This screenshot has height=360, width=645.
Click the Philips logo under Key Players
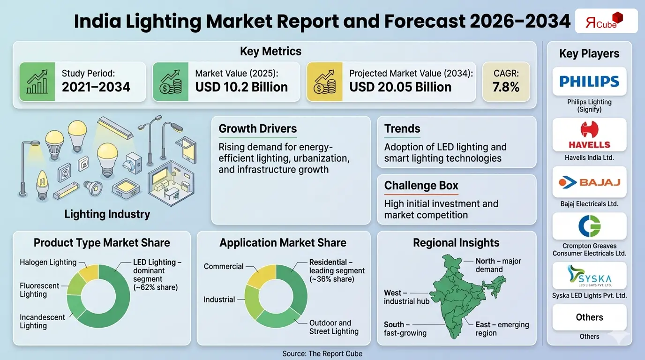[589, 82]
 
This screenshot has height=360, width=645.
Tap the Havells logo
[589, 135]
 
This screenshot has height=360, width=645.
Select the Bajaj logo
[589, 182]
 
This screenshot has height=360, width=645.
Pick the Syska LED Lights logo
[589, 276]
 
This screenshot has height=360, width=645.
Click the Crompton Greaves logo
[589, 226]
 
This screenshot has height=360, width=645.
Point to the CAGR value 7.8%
[506, 87]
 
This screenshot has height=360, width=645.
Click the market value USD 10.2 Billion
[241, 87]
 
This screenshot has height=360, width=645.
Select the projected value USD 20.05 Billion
[400, 87]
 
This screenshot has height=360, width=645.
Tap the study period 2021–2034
[96, 87]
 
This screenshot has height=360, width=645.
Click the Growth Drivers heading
[257, 128]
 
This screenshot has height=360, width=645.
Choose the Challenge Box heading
[421, 186]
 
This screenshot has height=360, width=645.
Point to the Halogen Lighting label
[48, 262]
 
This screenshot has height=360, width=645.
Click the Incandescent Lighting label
[42, 321]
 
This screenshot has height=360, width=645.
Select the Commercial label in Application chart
[224, 266]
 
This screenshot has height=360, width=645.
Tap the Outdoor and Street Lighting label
[334, 327]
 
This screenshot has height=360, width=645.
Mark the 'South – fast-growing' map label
[405, 329]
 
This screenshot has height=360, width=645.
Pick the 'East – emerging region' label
[502, 329]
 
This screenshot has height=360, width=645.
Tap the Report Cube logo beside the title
[606, 21]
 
